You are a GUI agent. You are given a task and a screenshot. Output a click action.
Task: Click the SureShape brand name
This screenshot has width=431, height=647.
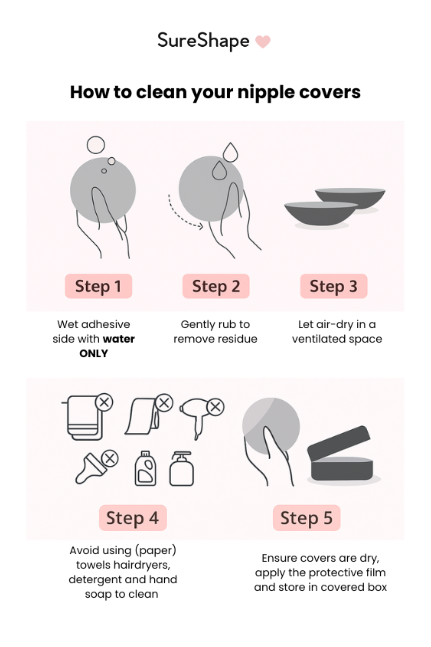[x=203, y=41]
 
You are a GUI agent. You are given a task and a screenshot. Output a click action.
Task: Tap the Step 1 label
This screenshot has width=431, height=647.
[x=98, y=286]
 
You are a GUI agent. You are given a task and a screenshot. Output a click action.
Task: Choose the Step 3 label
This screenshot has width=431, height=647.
[x=333, y=286]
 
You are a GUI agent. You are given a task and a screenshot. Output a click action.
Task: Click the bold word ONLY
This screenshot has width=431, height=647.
[x=94, y=353]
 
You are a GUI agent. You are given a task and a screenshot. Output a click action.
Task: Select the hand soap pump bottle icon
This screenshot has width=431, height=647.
[x=181, y=469]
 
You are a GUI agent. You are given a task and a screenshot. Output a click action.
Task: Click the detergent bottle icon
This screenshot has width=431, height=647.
[x=145, y=469]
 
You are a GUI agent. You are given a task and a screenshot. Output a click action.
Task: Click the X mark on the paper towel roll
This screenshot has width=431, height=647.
[x=164, y=403]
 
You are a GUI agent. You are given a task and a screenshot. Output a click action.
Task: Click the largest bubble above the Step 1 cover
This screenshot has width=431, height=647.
[x=96, y=145]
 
